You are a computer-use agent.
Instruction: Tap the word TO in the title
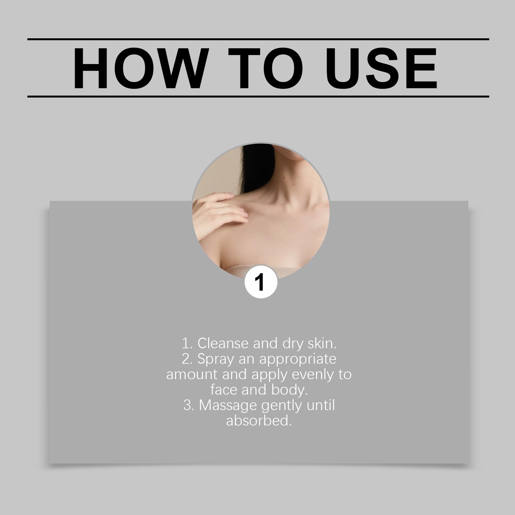click(x=266, y=68)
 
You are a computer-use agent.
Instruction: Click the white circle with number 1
click(x=261, y=282)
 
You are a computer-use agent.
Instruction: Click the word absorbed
click(x=259, y=421)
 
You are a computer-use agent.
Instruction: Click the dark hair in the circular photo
click(x=257, y=167)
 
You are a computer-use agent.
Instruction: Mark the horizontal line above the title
click(x=258, y=39)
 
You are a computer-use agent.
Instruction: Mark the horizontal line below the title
click(x=258, y=96)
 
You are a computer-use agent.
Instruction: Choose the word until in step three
click(x=321, y=405)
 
